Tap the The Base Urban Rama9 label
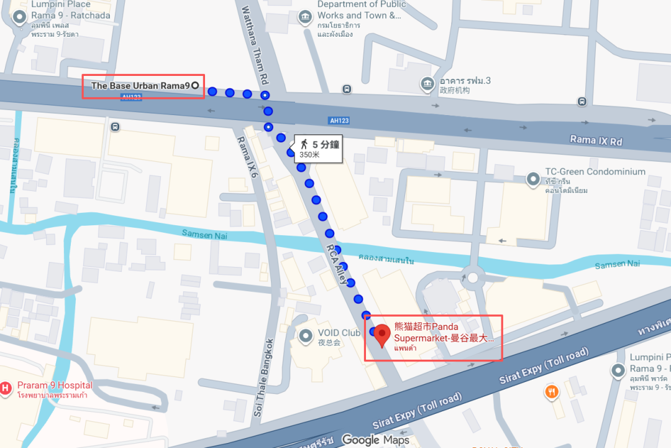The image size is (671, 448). coord(140,86)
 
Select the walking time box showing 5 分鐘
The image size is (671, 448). coord(317,149)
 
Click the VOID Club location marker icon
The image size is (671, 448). coord(306,337)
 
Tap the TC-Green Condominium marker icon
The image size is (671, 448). coord(532,180)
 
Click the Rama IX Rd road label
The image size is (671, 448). coord(596,141)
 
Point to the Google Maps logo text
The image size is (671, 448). coord(375,440)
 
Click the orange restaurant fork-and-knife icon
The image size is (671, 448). coord(551,392)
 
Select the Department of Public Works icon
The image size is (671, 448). coord(305,17)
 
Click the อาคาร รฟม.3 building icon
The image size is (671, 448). coord(427,83)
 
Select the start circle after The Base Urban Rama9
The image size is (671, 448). coord(195,86)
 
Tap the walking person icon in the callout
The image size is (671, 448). coord(304,144)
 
